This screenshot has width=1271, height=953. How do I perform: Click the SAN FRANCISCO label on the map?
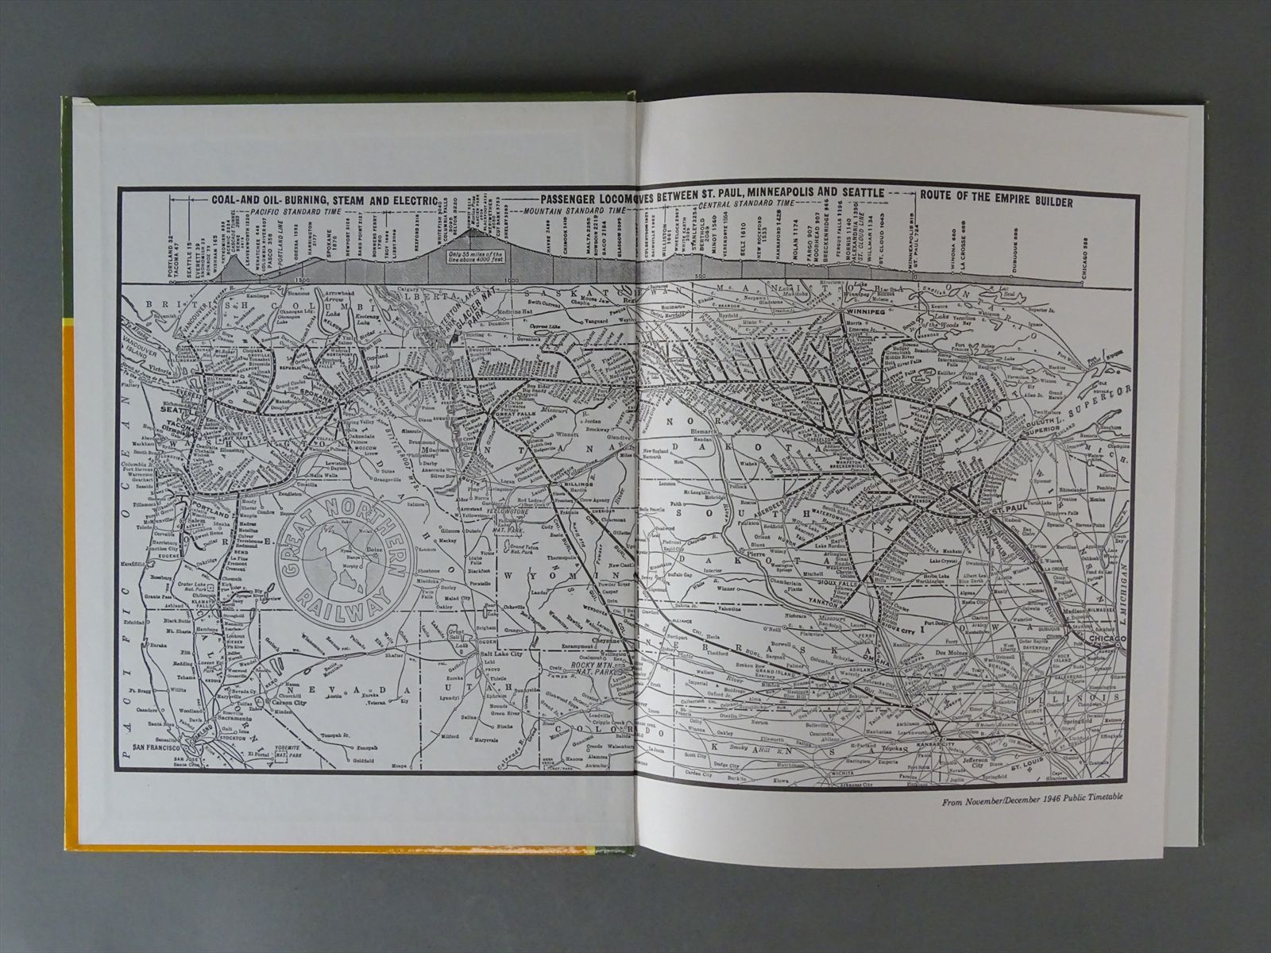pyautogui.click(x=159, y=748)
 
